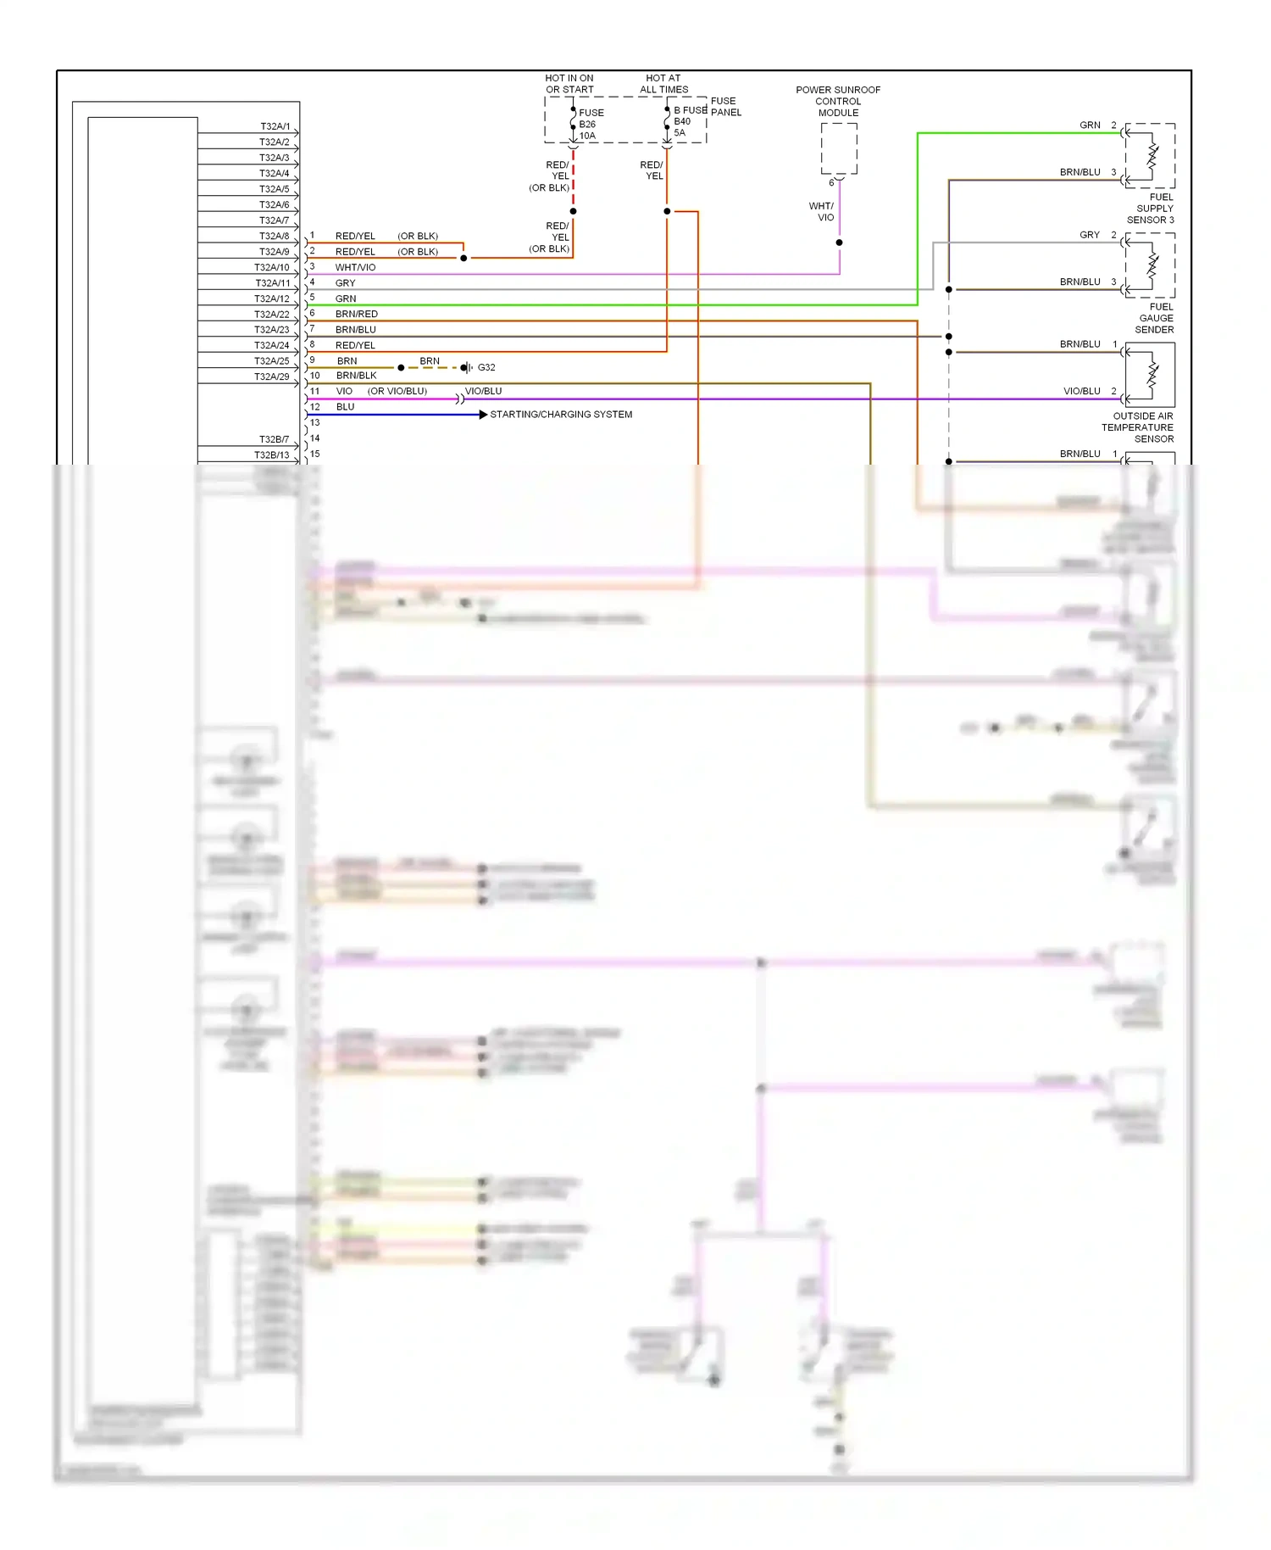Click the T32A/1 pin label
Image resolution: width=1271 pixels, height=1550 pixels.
pyautogui.click(x=275, y=126)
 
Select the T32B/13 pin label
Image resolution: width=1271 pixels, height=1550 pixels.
pyautogui.click(x=271, y=455)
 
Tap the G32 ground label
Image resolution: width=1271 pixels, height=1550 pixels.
pyautogui.click(x=486, y=367)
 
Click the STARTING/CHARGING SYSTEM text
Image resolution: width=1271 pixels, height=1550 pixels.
pyautogui.click(x=561, y=415)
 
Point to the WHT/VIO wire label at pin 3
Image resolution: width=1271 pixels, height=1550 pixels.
pyautogui.click(x=355, y=267)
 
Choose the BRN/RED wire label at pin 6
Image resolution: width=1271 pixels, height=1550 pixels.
pyautogui.click(x=356, y=314)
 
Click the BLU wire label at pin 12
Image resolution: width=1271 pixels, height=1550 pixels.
pyautogui.click(x=345, y=407)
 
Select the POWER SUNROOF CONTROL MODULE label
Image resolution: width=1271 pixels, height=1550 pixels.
pyautogui.click(x=838, y=101)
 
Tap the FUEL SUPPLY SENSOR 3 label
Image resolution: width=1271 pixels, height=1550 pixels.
pyautogui.click(x=1152, y=209)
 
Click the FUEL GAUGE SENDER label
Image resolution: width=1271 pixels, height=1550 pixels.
pyautogui.click(x=1156, y=318)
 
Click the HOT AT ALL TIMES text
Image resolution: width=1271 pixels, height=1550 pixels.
pyautogui.click(x=663, y=83)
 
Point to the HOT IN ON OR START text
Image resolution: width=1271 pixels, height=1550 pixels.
pyautogui.click(x=569, y=83)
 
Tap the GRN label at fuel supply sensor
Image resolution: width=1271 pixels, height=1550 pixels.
pyautogui.click(x=1090, y=125)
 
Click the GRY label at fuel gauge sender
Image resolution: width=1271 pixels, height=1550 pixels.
pyautogui.click(x=1090, y=235)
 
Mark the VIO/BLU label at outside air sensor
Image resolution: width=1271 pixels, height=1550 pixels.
pyautogui.click(x=1081, y=391)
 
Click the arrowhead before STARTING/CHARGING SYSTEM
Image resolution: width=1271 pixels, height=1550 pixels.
pyautogui.click(x=483, y=415)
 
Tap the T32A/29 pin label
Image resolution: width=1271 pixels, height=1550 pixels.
pyautogui.click(x=271, y=376)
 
